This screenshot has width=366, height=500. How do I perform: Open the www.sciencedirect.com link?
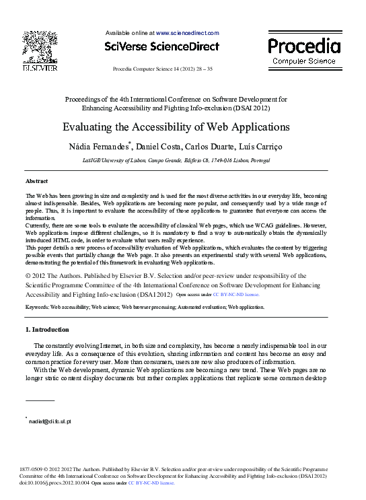point(188,32)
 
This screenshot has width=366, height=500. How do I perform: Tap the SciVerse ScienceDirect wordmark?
point(161,46)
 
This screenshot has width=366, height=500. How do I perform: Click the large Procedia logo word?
point(304,46)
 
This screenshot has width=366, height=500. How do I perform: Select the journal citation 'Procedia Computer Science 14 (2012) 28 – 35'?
point(162,69)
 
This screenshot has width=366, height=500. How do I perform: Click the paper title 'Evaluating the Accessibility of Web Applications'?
point(176,127)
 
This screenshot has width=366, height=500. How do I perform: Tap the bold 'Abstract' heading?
point(36,182)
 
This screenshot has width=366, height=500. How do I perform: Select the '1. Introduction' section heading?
point(47,330)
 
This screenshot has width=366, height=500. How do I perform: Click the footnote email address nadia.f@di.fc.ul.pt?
point(49,421)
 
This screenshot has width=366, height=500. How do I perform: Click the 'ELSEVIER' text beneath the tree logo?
point(40,68)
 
